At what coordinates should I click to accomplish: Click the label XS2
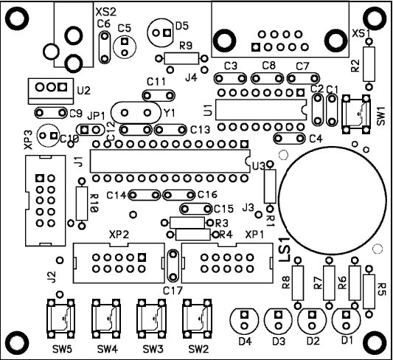(106, 12)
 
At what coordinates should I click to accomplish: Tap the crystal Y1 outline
(136, 102)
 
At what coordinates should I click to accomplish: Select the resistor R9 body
(181, 58)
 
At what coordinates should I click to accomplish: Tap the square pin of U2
(62, 87)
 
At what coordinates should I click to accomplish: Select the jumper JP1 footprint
(90, 130)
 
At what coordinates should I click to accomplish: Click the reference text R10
(94, 203)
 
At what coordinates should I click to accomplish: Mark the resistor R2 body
(369, 64)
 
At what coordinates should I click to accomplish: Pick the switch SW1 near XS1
(356, 114)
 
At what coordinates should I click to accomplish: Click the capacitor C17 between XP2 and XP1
(173, 266)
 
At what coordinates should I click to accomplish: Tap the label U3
(259, 166)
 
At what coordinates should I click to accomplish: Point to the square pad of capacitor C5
(125, 41)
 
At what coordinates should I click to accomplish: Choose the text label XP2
(119, 235)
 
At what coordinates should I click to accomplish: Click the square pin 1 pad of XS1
(256, 47)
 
